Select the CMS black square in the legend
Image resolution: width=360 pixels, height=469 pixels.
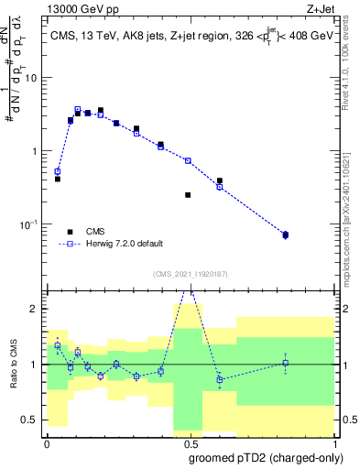pos(70,232)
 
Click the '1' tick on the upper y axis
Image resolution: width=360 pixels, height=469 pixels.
pos(36,151)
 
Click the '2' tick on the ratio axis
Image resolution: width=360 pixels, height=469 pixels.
pos(36,310)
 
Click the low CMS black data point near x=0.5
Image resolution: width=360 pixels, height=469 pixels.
pos(188,195)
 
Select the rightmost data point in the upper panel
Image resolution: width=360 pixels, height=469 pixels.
pos(285,235)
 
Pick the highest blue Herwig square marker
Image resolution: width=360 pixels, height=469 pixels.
pos(78,109)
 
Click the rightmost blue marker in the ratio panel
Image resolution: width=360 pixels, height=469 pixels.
pos(285,363)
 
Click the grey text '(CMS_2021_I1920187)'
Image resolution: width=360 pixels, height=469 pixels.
pos(190,272)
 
